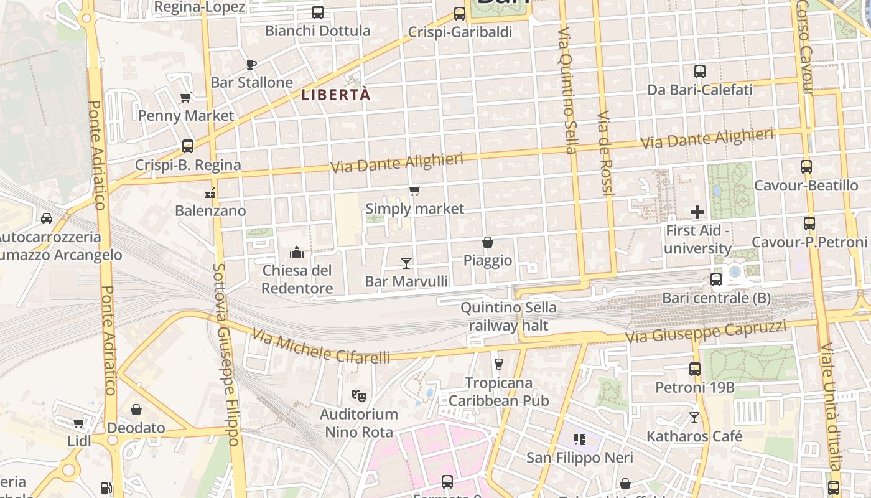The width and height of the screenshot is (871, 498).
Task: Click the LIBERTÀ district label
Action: click(x=336, y=95)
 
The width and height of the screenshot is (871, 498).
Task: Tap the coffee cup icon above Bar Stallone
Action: click(x=251, y=64)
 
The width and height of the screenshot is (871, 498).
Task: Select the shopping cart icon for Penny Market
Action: click(x=185, y=97)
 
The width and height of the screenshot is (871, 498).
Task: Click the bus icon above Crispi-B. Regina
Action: click(x=188, y=146)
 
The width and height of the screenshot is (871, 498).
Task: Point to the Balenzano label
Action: click(x=210, y=210)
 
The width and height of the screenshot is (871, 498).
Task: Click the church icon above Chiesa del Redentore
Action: click(x=297, y=252)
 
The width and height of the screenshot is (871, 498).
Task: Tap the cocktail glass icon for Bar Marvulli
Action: click(x=406, y=263)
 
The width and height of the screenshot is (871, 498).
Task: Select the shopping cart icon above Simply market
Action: click(x=414, y=190)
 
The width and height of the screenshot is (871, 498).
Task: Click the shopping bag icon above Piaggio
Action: click(x=488, y=242)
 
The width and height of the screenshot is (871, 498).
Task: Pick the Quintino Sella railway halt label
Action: click(x=508, y=316)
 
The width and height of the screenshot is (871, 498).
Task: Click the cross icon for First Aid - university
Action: click(x=697, y=212)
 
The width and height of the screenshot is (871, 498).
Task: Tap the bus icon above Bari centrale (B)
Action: click(x=716, y=280)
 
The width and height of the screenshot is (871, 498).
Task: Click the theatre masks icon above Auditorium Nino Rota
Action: click(x=358, y=395)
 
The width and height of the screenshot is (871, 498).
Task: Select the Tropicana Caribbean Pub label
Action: click(x=499, y=392)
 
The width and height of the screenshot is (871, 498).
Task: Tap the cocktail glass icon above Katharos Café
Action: click(x=694, y=417)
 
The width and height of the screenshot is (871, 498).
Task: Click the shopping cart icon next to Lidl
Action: click(x=78, y=423)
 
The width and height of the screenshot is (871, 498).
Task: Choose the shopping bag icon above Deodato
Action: click(x=136, y=410)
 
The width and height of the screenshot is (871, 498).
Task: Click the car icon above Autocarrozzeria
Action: click(x=46, y=218)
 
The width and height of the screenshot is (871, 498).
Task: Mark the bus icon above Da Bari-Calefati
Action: click(x=700, y=72)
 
